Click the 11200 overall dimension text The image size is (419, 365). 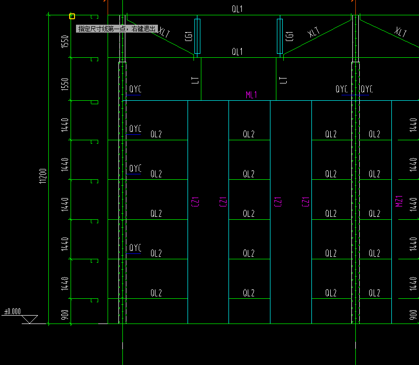pyautogui.click(x=43, y=176)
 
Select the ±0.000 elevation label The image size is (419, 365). pyautogui.click(x=13, y=312)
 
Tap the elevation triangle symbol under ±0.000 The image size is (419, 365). pyautogui.click(x=30, y=319)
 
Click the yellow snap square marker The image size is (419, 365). pyautogui.click(x=72, y=16)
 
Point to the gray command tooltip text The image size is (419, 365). pyautogui.click(x=117, y=29)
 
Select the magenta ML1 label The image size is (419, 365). pyautogui.click(x=252, y=95)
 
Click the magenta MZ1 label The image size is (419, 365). pyautogui.click(x=400, y=201)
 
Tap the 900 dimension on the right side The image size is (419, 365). pyautogui.click(x=414, y=315)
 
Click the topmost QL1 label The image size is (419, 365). pyautogui.click(x=237, y=9)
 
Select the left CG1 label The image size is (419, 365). pyautogui.click(x=189, y=36)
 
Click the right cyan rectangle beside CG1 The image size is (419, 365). pyautogui.click(x=280, y=36)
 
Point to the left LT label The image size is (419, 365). pyautogui.click(x=195, y=80)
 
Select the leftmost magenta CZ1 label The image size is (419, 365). pyautogui.click(x=193, y=202)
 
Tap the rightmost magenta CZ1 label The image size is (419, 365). pyautogui.click(x=305, y=202)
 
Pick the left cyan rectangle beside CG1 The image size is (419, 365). pyautogui.click(x=197, y=36)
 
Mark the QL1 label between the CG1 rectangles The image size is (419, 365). pyautogui.click(x=237, y=52)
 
